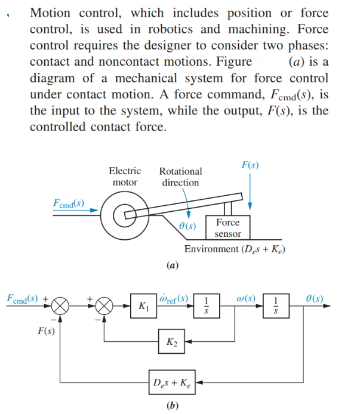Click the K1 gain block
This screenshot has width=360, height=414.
tap(143, 307)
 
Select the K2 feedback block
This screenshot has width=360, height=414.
tap(170, 342)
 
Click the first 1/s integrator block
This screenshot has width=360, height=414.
tap(206, 307)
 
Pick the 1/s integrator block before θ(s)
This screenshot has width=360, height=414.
tap(275, 307)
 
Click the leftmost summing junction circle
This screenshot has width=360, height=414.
tap(60, 307)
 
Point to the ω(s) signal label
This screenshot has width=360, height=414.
tap(245, 296)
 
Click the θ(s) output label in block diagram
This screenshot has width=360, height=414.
tap(313, 296)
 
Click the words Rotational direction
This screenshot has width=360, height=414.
tap(180, 177)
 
